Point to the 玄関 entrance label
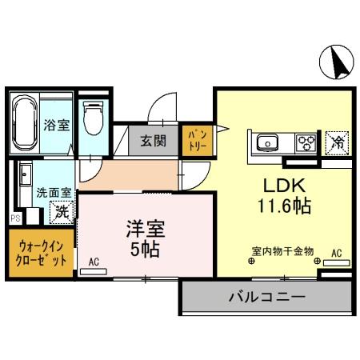pyautogui.click(x=154, y=142)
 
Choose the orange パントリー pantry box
pyautogui.click(x=195, y=141)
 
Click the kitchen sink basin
pyautogui.click(x=266, y=145)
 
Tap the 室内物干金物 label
pyautogui.click(x=283, y=250)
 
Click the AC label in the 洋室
pyautogui.click(x=94, y=262)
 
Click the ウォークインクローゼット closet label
pyautogui.click(x=40, y=254)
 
